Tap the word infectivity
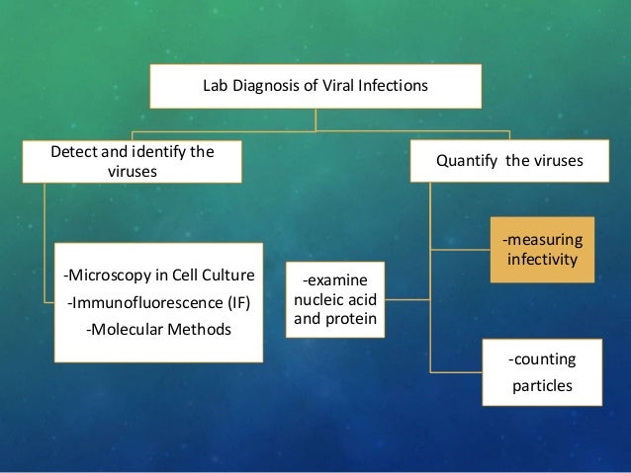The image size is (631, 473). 543,262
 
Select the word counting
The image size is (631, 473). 541,358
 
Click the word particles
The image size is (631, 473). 541,384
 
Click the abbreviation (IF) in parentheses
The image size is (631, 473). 234,301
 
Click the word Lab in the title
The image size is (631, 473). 215,86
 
